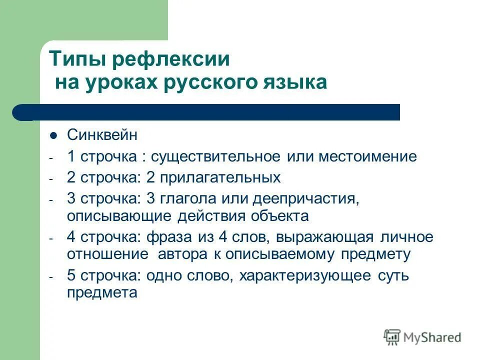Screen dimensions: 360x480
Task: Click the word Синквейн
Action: pyautogui.click(x=101, y=135)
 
